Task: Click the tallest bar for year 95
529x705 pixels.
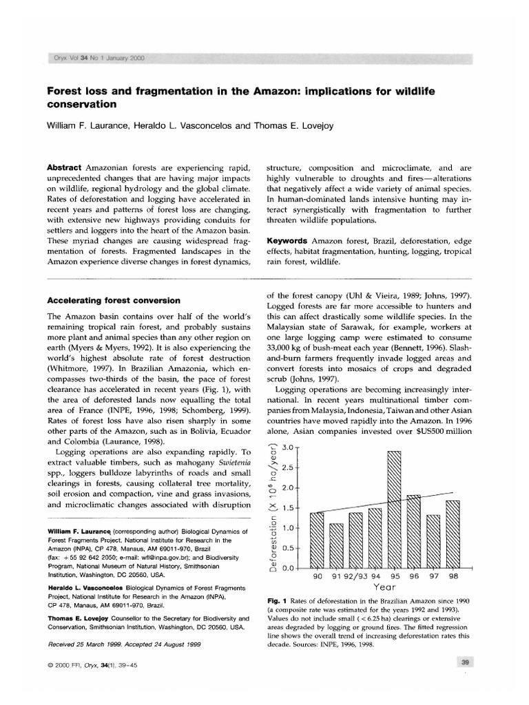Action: point(394,509)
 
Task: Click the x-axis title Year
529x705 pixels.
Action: point(383,589)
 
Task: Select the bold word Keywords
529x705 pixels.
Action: point(287,240)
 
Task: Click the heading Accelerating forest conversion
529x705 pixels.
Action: point(112,300)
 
